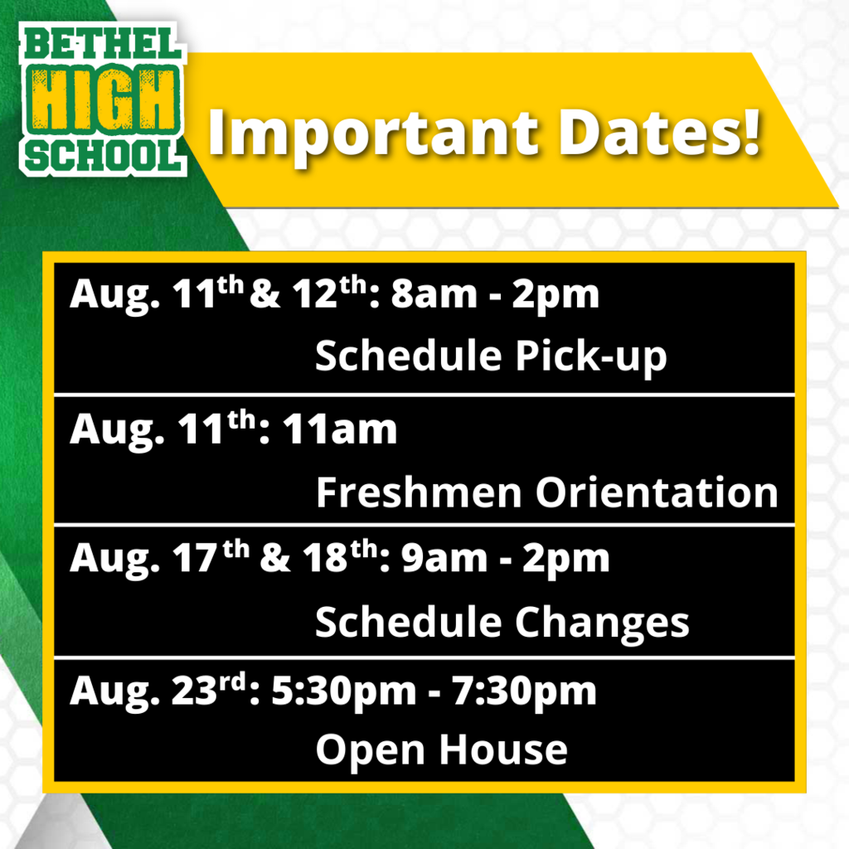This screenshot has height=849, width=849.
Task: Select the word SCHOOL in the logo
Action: click(x=104, y=156)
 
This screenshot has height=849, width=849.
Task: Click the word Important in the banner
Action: click(x=373, y=133)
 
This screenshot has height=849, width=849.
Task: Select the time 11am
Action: click(x=340, y=430)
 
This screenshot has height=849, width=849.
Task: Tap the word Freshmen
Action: click(x=419, y=492)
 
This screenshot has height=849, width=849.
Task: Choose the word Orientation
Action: click(x=657, y=492)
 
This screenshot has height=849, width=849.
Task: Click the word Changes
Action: click(x=602, y=623)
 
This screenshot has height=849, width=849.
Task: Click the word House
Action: click(x=503, y=750)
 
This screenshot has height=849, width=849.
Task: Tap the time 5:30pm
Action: click(x=343, y=692)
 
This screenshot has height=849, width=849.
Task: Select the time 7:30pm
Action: click(x=524, y=692)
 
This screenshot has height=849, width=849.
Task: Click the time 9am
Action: click(x=444, y=559)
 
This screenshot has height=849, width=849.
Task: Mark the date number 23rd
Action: click(x=209, y=689)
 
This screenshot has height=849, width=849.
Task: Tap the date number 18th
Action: click(x=340, y=556)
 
